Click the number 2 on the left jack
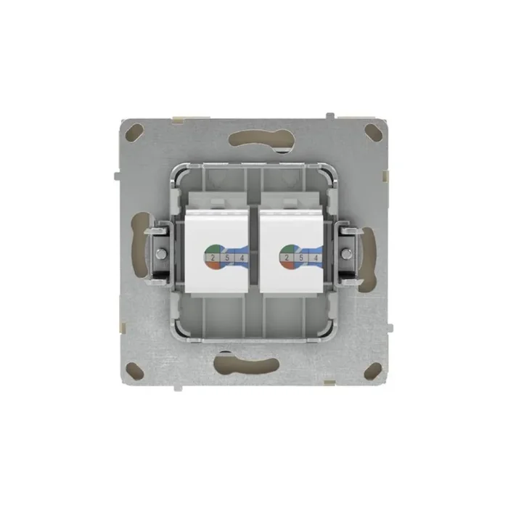click(x=212, y=257)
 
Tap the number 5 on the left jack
click(x=227, y=257)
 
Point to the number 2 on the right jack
click(x=287, y=257)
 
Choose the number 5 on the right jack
click(x=303, y=257)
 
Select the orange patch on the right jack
click(x=287, y=266)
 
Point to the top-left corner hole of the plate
click(x=134, y=133)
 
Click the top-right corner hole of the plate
click(x=373, y=133)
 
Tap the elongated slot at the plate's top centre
click(x=253, y=138)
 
